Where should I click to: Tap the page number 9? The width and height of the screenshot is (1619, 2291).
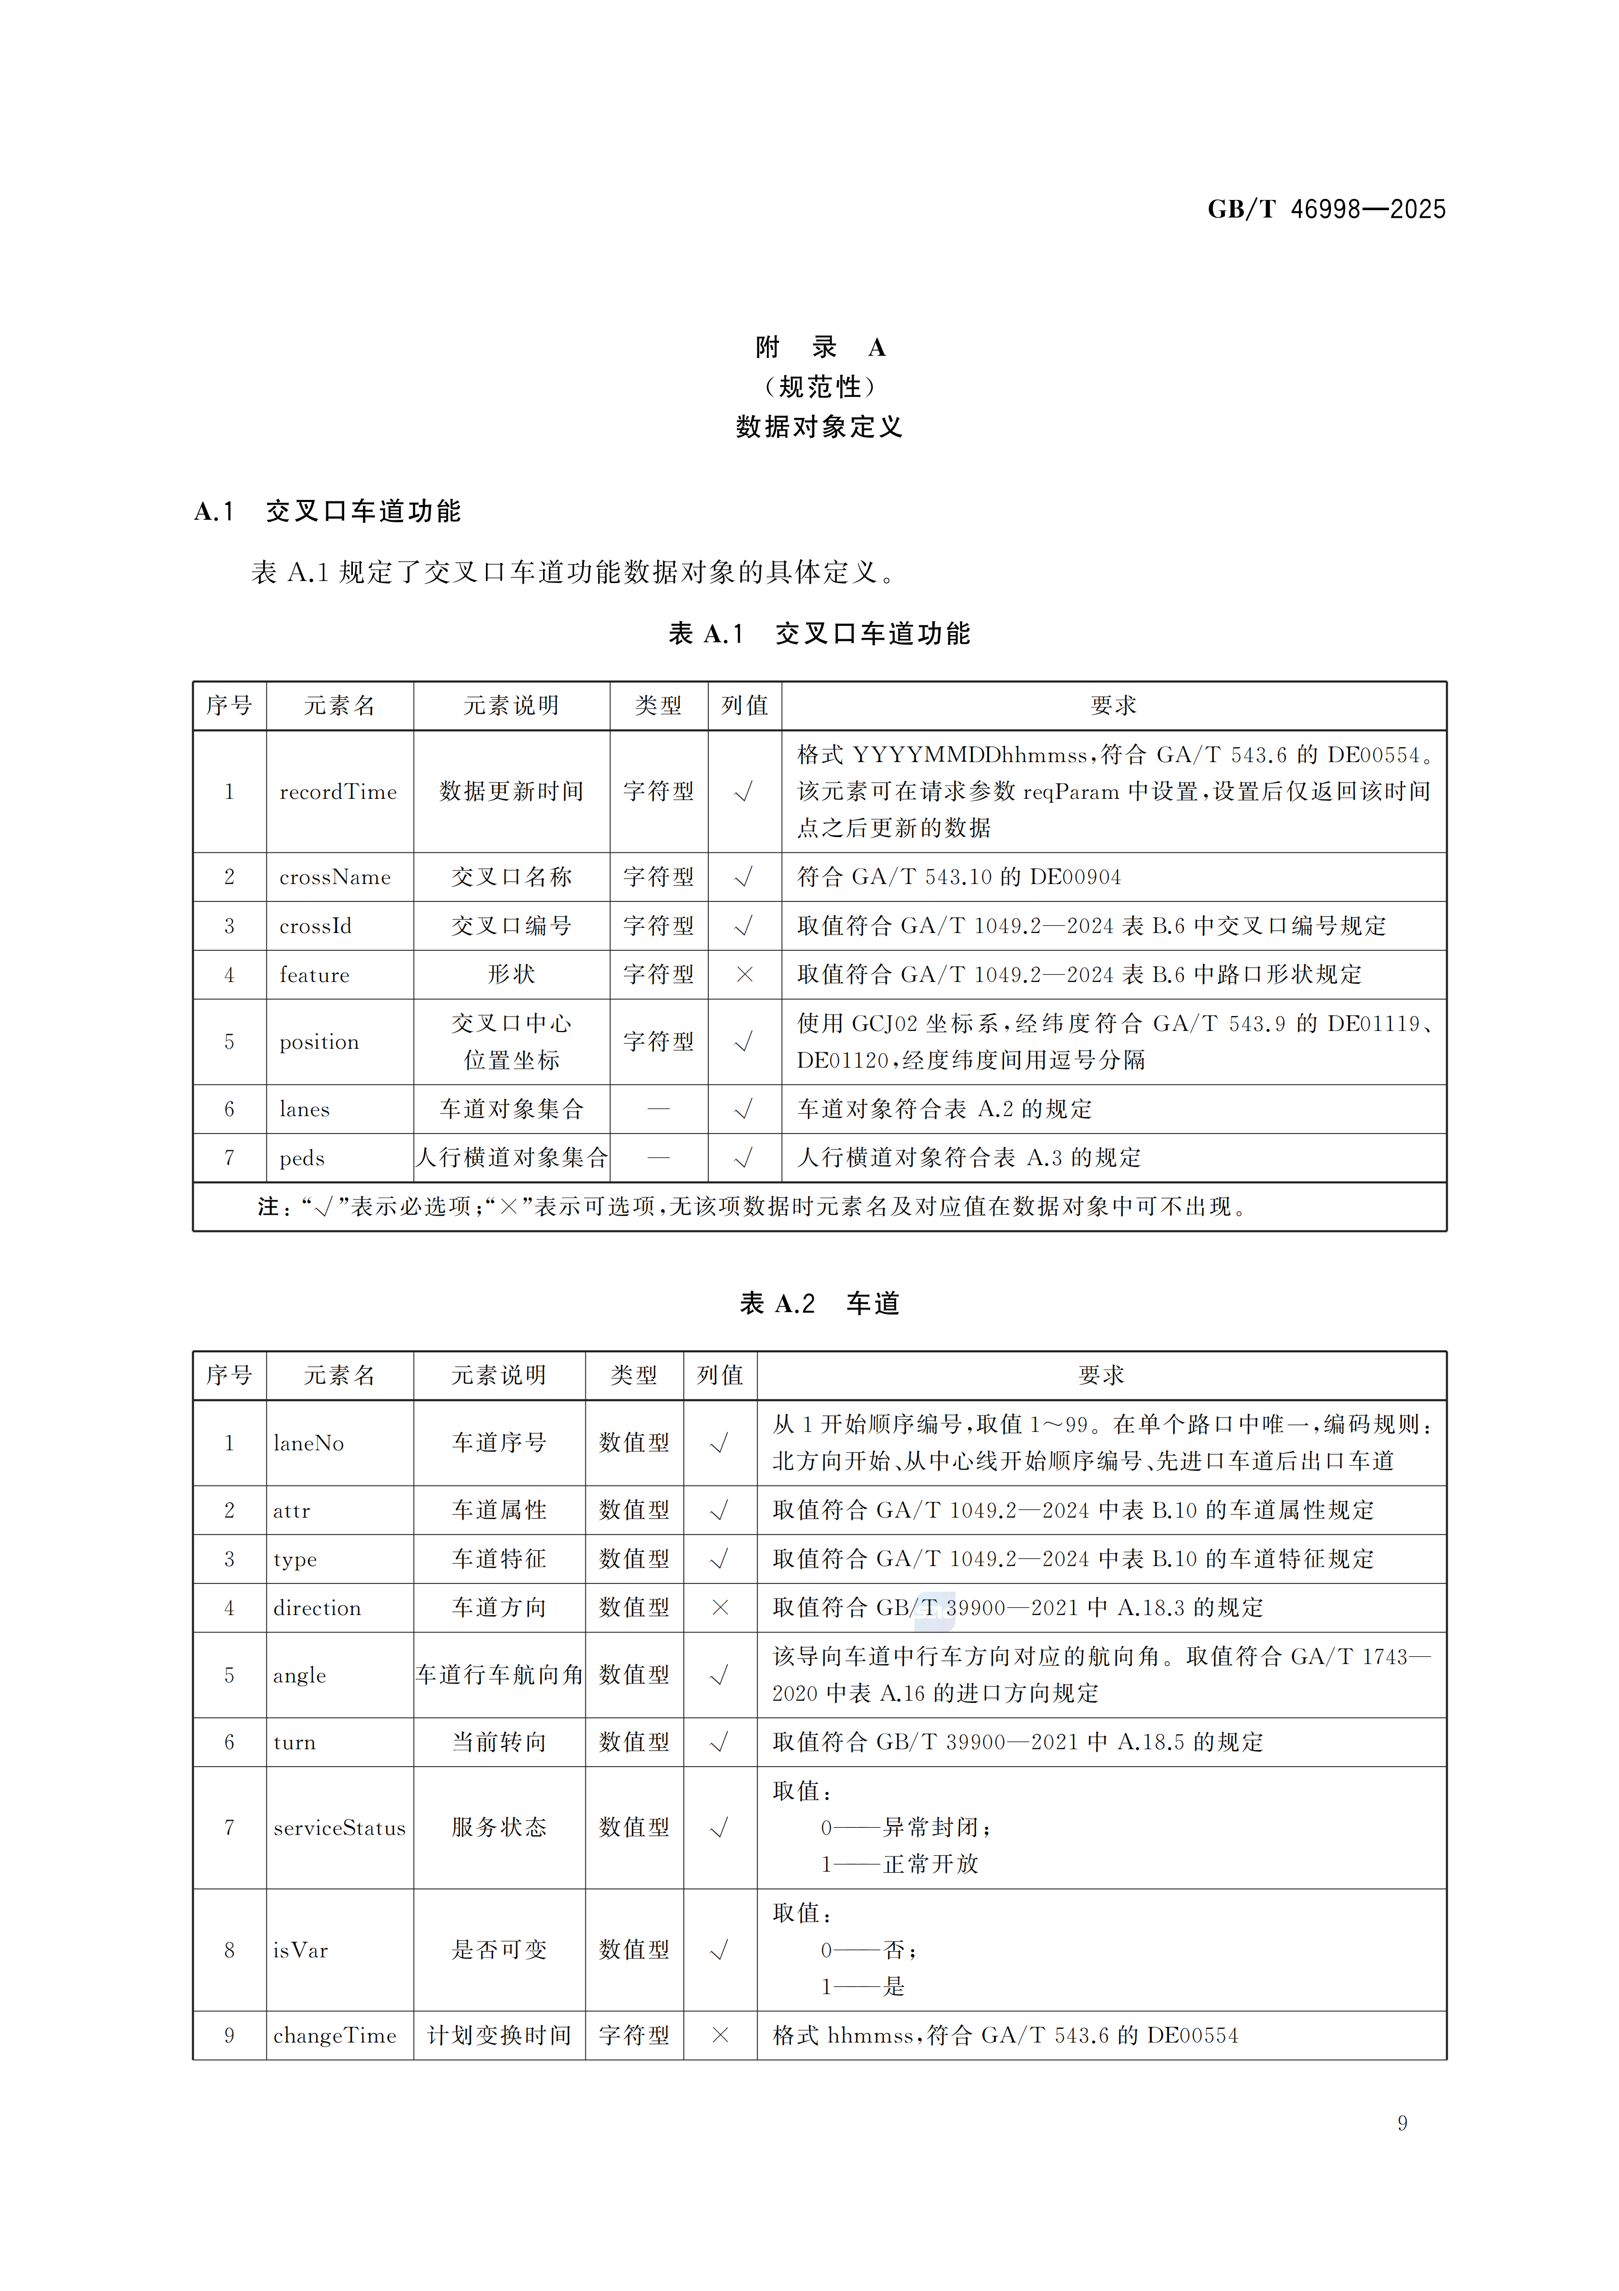1402,2122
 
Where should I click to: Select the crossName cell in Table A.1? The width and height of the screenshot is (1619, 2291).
335,877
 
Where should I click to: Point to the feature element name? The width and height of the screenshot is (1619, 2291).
314,975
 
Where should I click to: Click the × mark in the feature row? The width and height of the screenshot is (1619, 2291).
744,975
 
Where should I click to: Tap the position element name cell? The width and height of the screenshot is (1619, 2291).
319,1042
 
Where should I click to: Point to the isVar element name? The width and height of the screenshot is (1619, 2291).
300,1950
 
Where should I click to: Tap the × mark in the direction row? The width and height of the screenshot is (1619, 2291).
720,1607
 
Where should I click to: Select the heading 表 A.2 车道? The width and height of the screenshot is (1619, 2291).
819,1303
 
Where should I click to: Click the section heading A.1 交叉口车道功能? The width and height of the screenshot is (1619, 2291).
327,512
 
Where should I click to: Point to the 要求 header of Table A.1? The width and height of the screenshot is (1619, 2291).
1113,706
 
